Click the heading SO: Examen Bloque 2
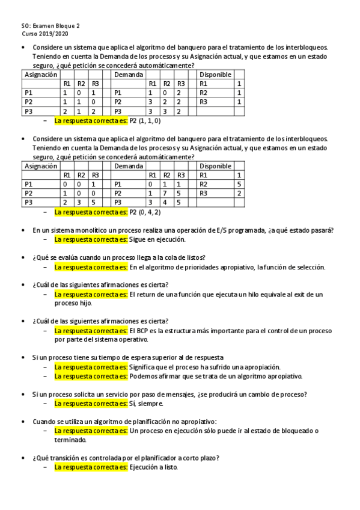coord(50,26)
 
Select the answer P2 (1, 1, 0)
coord(145,120)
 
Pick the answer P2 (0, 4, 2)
coord(145,212)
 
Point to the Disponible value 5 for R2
coord(239,184)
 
